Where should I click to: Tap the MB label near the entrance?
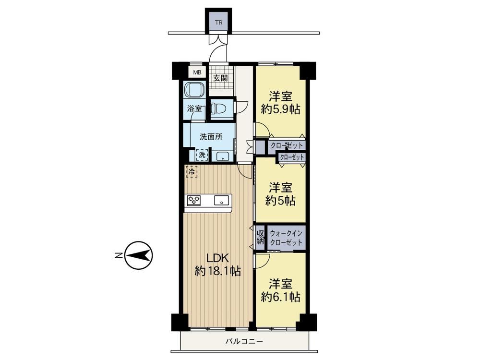(197, 72)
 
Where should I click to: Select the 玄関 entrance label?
(220, 78)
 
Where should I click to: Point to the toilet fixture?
(219, 108)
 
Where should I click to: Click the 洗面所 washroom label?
(211, 137)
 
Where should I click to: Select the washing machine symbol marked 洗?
(202, 155)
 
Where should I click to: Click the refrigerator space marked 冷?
(192, 172)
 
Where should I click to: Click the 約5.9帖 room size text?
(280, 109)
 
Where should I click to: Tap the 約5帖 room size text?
(280, 201)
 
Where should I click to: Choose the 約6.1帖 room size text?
(280, 297)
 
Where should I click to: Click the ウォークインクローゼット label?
(286, 238)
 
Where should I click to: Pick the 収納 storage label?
(260, 237)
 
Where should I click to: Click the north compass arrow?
(139, 255)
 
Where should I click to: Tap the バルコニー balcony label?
(244, 341)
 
